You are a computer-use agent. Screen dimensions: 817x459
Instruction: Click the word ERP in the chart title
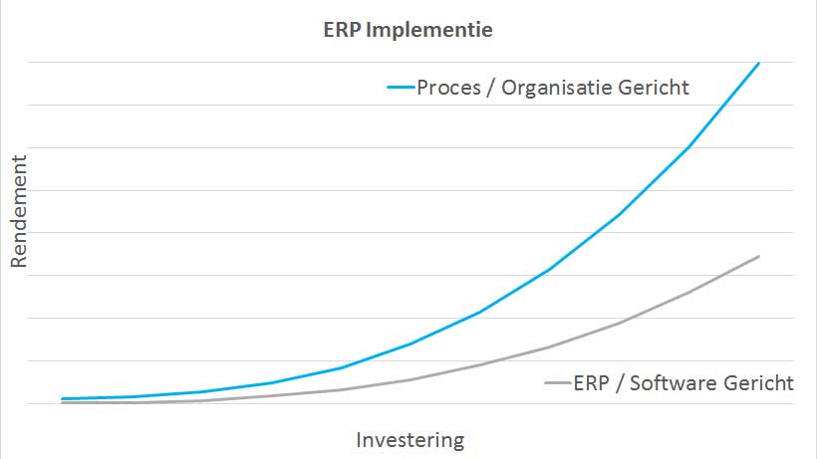point(342,30)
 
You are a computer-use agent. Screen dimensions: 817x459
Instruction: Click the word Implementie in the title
point(429,31)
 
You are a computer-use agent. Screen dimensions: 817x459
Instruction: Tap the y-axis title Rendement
point(19,212)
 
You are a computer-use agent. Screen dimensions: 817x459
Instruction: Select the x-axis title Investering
point(410,440)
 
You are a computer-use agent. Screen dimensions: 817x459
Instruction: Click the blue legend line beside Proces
point(401,87)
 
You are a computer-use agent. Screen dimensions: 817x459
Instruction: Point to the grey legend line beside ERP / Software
point(558,383)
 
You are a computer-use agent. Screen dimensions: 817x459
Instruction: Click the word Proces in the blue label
point(448,88)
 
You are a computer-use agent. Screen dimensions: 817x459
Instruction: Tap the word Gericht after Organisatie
point(654,88)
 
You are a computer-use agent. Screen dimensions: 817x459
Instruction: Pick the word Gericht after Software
point(759,383)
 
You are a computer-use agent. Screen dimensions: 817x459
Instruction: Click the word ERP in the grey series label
point(592,383)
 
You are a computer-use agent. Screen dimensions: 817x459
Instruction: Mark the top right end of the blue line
point(758,63)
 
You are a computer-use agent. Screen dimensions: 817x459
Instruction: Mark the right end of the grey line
point(758,256)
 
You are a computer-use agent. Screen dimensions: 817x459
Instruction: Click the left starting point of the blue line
point(63,399)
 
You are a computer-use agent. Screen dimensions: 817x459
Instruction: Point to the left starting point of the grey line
point(63,403)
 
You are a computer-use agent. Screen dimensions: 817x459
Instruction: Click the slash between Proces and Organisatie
point(490,88)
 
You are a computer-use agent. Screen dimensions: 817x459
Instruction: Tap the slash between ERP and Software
point(620,383)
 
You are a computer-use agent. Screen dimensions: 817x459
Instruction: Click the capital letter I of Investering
point(359,440)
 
